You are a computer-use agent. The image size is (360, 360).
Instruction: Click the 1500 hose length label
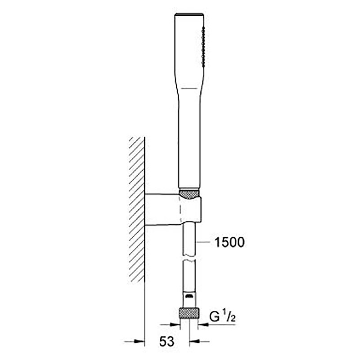point(229,243)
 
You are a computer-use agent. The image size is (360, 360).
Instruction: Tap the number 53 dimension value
point(166,342)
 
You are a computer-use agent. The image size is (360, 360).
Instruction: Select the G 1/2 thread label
point(222,317)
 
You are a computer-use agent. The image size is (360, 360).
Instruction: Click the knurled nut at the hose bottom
point(189,313)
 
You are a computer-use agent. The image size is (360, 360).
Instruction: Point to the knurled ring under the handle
point(189,194)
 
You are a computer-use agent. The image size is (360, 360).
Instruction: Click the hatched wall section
point(137,209)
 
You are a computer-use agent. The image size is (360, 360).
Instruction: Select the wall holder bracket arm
point(162,209)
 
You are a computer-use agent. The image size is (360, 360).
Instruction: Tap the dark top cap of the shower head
point(189,14)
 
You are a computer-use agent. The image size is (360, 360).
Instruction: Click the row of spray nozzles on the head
point(203,46)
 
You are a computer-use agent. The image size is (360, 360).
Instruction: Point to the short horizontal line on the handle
point(189,88)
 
